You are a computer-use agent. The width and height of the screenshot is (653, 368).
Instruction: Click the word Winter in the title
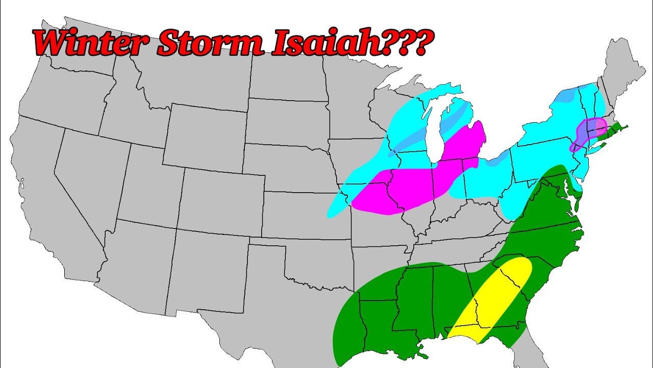click(89, 43)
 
